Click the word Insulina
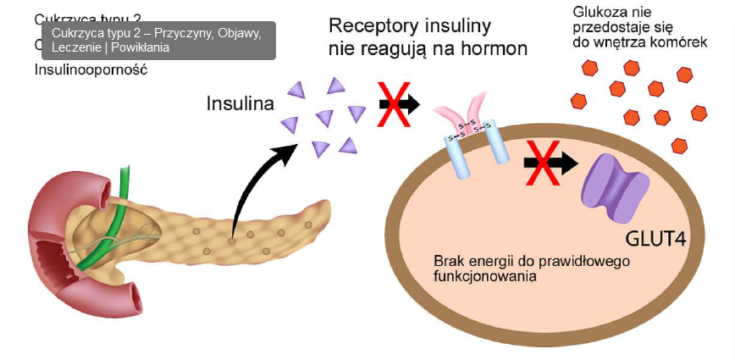[x=240, y=104]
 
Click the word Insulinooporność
[x=91, y=69]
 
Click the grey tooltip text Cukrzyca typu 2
[x=96, y=33]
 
